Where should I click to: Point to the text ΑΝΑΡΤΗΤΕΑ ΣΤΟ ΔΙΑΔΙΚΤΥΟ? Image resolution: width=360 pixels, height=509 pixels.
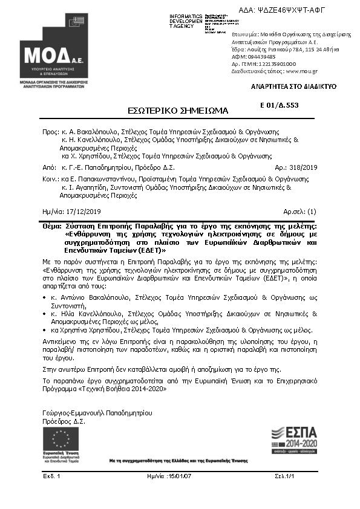click(x=293, y=86)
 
